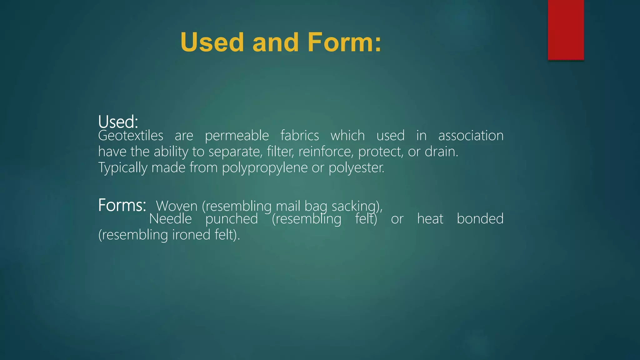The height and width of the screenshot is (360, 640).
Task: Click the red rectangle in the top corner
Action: tap(566, 30)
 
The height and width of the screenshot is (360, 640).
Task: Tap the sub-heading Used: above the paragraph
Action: tap(118, 122)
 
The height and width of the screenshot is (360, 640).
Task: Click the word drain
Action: tap(441, 152)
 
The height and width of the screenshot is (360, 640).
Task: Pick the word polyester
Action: tap(356, 168)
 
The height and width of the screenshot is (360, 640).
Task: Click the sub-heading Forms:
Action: tap(122, 205)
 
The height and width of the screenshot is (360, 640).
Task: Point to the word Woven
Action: tap(177, 206)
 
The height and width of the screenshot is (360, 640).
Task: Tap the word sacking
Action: tap(357, 206)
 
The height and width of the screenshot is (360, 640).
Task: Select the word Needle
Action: tap(170, 219)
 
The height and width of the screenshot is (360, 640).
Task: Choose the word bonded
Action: tap(480, 219)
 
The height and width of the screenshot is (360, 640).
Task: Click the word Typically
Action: tap(122, 168)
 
